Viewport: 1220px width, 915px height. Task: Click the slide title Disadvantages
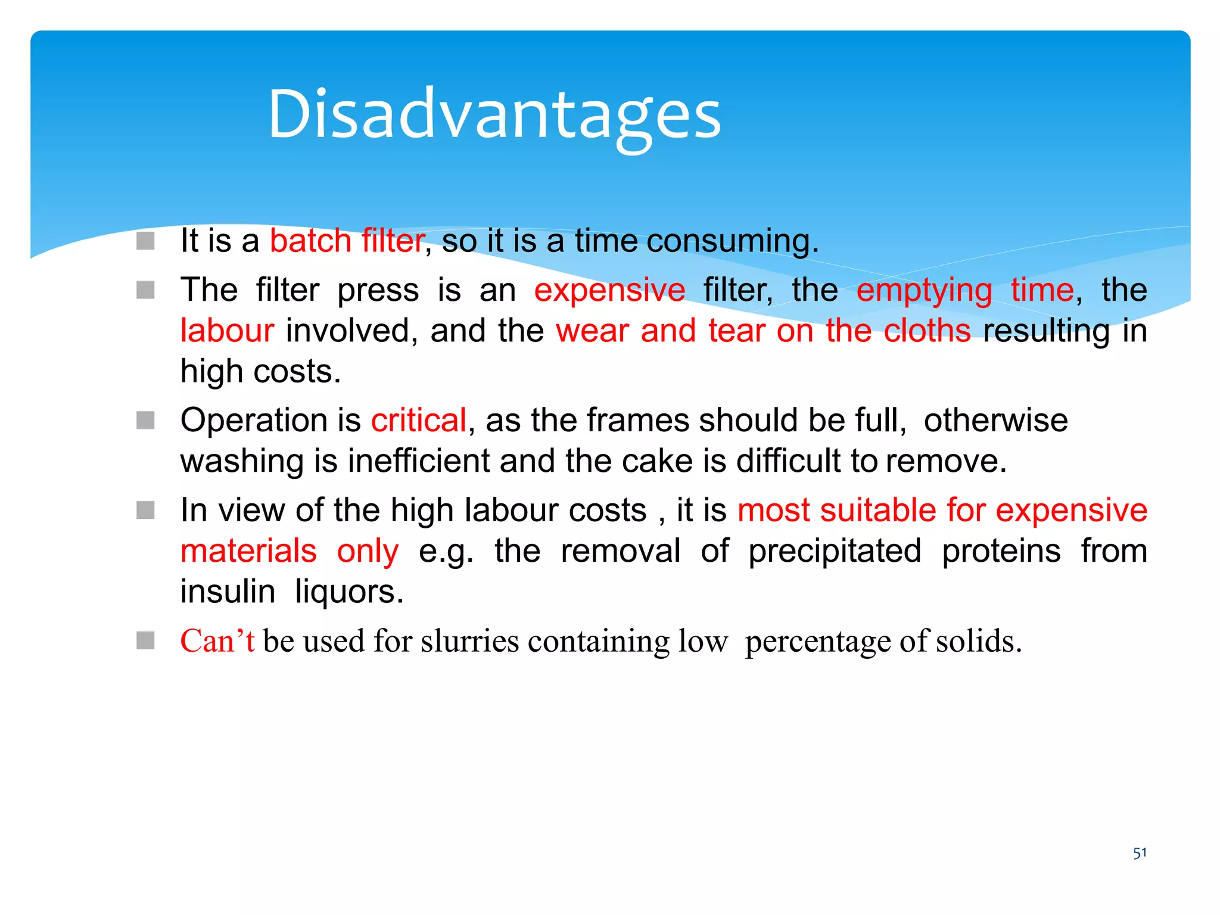494,114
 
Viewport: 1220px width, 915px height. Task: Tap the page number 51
1140,853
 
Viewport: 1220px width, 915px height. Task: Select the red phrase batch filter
347,241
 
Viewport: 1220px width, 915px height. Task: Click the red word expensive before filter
609,291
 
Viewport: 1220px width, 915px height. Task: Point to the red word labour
227,331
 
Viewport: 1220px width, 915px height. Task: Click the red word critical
418,421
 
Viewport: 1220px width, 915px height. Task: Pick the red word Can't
217,642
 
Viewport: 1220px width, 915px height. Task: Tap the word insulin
228,592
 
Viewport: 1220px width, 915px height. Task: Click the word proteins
1001,551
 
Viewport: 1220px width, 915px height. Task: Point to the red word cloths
927,331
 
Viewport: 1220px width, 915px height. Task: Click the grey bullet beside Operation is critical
145,421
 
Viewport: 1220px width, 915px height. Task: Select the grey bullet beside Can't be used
145,641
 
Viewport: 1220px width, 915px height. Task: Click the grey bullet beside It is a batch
145,241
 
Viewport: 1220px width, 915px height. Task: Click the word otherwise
995,421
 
